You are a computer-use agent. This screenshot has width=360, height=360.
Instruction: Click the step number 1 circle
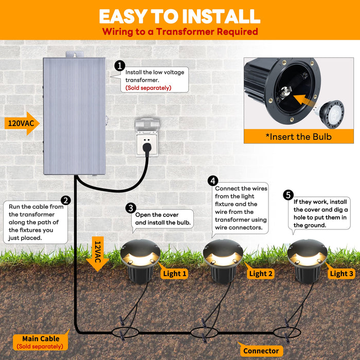[x=120, y=66]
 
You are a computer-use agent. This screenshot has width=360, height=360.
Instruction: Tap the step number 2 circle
[x=65, y=201]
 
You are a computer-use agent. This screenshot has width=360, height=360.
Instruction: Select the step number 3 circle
[x=131, y=208]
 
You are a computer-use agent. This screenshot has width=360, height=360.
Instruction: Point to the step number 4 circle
[x=213, y=181]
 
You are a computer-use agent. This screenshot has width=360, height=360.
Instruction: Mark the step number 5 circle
[x=288, y=195]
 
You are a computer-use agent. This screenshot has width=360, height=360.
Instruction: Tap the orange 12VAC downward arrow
[x=98, y=253]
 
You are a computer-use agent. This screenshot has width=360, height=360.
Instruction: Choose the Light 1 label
[x=174, y=273]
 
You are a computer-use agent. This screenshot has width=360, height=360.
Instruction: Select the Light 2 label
[x=261, y=273]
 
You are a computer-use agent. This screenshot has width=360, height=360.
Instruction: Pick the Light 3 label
[x=341, y=273]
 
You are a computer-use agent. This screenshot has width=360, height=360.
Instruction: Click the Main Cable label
[x=41, y=338]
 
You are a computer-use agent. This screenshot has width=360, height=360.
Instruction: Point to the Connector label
[x=261, y=351]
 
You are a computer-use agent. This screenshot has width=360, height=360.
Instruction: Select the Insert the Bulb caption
[x=298, y=136]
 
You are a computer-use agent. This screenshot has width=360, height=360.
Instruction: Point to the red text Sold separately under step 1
[x=148, y=88]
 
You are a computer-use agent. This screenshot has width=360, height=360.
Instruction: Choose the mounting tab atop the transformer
[x=75, y=54]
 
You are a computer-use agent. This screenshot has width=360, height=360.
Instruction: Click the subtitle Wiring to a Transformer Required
[x=179, y=32]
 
